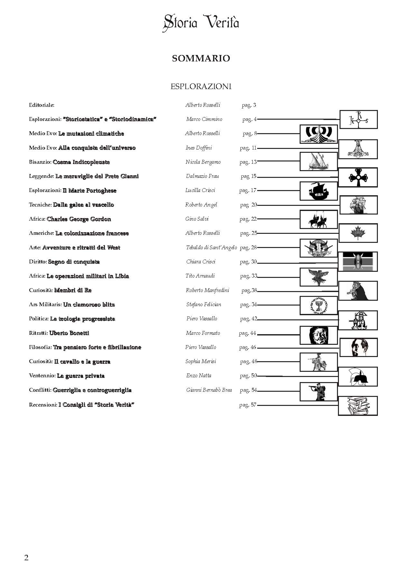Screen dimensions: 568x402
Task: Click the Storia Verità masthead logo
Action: [x=201, y=23]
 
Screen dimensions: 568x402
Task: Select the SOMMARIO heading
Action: [x=201, y=58]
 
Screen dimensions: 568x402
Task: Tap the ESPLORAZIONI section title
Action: [x=201, y=87]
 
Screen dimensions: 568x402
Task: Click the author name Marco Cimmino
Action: [x=204, y=119]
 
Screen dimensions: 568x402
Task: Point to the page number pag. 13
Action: [x=248, y=162]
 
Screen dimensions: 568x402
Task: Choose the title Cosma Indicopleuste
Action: [x=81, y=162]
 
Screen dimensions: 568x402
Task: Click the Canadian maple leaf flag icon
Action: [x=358, y=233]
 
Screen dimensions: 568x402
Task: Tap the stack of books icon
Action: [x=358, y=406]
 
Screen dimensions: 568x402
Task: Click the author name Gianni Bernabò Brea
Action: [x=209, y=390]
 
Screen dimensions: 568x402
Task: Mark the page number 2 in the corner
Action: [x=26, y=557]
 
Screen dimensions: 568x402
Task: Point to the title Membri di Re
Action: [x=73, y=290]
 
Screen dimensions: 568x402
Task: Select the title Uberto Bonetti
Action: [x=69, y=333]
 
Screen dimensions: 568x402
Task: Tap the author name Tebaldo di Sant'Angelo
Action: [x=211, y=248]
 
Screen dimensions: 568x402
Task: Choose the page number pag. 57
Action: [x=248, y=405]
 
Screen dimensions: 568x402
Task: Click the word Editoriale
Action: [x=42, y=105]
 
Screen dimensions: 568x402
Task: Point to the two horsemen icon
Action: [x=318, y=220]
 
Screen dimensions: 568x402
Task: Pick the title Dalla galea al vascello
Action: [x=83, y=205]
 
